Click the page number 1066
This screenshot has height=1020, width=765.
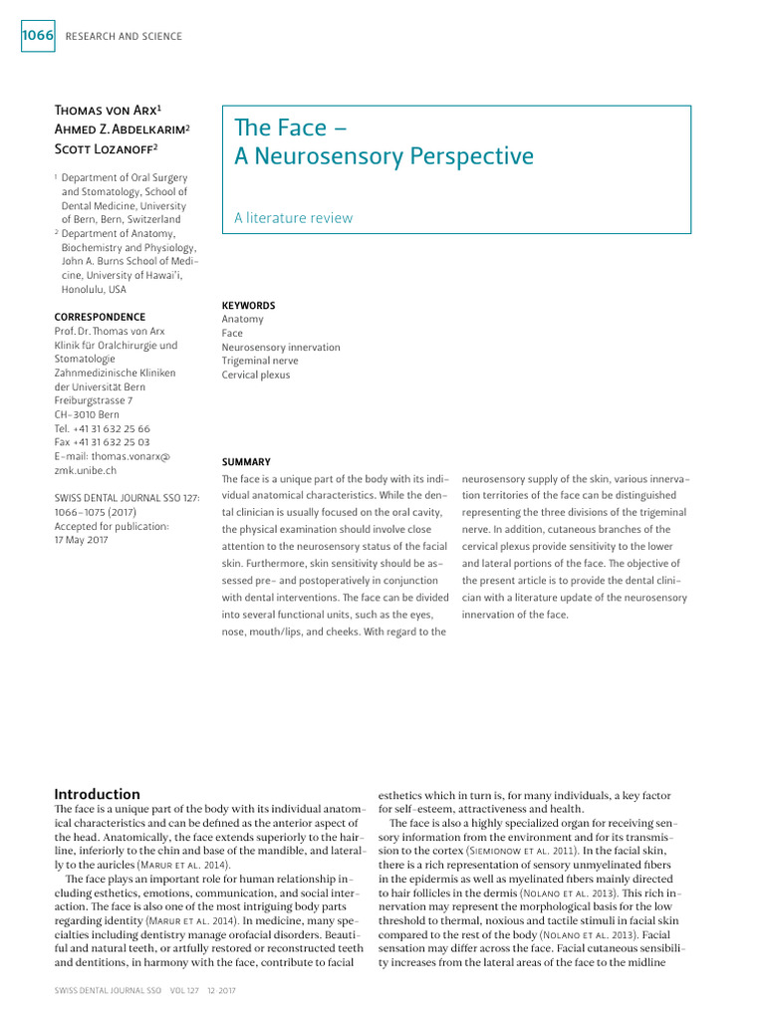[x=37, y=36]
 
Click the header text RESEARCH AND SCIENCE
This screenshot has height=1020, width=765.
[x=124, y=37]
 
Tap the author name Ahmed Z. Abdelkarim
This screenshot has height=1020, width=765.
[x=123, y=129]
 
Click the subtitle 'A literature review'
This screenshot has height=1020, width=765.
[x=293, y=217]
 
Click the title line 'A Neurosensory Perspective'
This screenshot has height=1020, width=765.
[x=383, y=156]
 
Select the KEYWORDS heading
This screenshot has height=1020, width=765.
[x=248, y=305]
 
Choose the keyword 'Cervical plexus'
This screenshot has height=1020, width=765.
[x=256, y=376]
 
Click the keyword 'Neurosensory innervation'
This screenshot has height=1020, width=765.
[x=281, y=348]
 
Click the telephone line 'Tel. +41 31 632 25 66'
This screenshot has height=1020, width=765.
[x=102, y=428]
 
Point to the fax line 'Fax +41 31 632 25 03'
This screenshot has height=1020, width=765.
[x=102, y=442]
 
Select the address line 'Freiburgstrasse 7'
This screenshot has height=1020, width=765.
[x=94, y=400]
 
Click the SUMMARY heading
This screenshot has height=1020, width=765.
[x=246, y=461]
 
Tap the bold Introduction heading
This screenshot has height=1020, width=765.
[x=97, y=794]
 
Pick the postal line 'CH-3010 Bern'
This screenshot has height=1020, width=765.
[x=87, y=414]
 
